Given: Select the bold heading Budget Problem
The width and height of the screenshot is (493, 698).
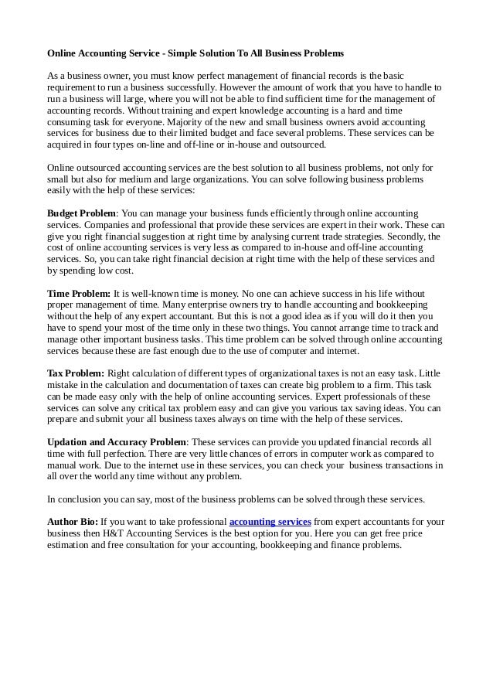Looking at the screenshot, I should point(81,213).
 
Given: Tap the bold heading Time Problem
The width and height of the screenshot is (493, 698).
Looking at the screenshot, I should point(78,295).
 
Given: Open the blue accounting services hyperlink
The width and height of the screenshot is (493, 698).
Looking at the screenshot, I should point(270,522).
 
